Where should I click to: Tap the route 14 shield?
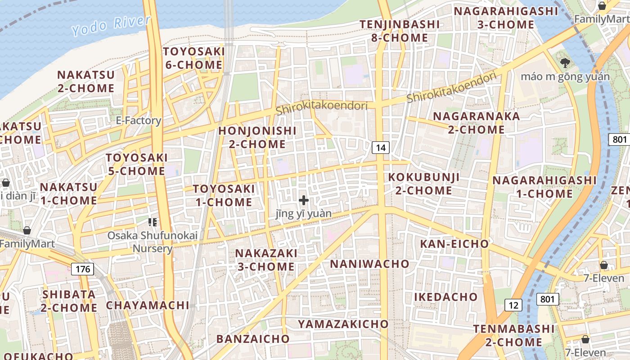381,147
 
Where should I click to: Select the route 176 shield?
82,269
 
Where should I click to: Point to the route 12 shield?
513,305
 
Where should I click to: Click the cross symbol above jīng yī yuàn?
304,200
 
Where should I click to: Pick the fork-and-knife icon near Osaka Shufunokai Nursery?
152,222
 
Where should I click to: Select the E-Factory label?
138,120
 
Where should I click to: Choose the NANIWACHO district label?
370,264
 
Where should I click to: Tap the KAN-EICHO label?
454,244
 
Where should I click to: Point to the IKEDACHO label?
445,297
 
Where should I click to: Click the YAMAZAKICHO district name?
343,324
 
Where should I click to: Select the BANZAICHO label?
253,338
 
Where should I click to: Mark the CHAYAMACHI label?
148,305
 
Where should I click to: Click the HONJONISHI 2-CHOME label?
257,137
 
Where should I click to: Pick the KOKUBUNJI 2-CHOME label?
424,183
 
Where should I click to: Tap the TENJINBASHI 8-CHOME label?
400,31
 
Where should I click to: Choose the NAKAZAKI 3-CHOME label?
266,260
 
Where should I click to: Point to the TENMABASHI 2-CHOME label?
514,335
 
